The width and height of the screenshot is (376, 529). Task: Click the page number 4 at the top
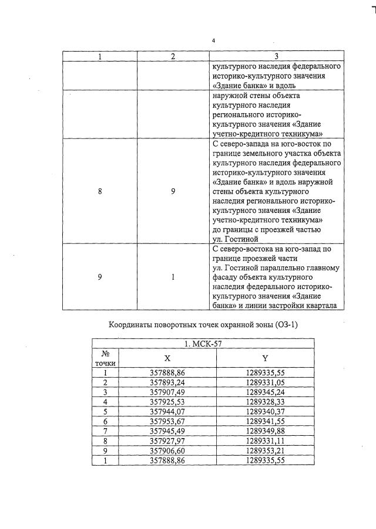point(214,40)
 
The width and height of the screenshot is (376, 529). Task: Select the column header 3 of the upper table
point(276,56)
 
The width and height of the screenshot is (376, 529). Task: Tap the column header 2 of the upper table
point(173,56)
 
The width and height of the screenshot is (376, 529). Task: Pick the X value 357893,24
point(167,382)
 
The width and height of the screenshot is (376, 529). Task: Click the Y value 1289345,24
point(265,391)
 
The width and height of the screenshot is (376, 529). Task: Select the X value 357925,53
point(167,401)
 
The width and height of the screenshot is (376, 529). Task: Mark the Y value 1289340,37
point(265,411)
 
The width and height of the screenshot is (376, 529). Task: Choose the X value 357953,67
point(167,421)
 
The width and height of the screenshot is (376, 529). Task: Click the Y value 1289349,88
point(265,431)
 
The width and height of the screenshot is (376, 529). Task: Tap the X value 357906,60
point(167,450)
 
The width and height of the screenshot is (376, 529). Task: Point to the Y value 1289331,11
point(265,441)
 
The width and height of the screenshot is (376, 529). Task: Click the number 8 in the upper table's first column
point(100,191)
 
